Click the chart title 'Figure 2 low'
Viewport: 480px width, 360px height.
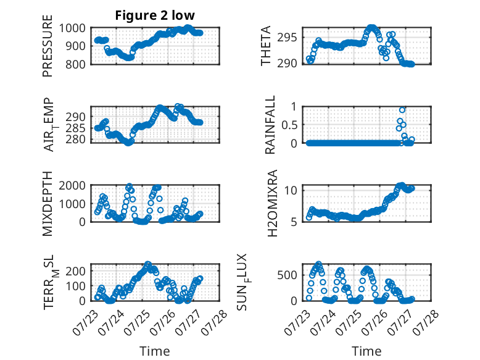(x=155, y=15)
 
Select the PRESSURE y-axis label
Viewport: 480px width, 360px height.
(x=48, y=46)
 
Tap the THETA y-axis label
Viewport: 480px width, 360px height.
(x=266, y=46)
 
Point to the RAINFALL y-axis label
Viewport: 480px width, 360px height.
(x=270, y=125)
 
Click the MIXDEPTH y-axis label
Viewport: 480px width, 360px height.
(x=48, y=203)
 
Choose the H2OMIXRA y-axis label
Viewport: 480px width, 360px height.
(x=272, y=203)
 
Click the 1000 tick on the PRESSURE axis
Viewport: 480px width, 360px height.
(x=72, y=28)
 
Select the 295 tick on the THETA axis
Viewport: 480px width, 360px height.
(x=287, y=38)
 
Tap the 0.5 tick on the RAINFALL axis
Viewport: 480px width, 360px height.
(x=289, y=125)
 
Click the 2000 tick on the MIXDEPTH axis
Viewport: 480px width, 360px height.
(x=72, y=185)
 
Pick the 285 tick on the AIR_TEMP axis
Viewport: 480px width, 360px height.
(x=75, y=128)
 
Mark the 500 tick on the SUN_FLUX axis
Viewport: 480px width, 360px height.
(x=287, y=275)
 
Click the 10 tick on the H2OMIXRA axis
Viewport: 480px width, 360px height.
(x=291, y=190)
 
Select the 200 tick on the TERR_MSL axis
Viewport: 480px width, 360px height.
(x=75, y=271)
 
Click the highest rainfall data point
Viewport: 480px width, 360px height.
(x=402, y=110)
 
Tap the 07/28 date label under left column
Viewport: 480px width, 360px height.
(x=215, y=322)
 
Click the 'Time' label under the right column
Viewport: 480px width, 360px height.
(x=366, y=351)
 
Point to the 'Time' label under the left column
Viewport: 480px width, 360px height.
(x=155, y=351)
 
